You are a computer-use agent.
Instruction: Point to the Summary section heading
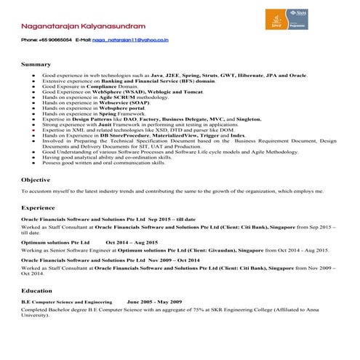pos(36,65)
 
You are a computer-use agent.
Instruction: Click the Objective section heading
pos(36,179)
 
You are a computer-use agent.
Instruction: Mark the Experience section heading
pos(39,208)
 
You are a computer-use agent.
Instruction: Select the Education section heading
pos(36,290)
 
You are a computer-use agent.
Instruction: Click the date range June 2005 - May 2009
pos(154,301)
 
